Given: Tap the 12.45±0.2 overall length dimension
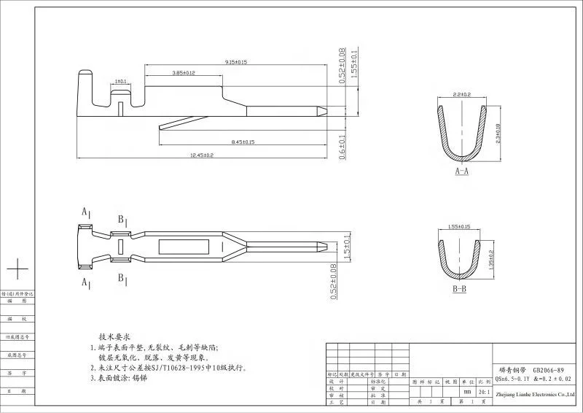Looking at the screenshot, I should (201, 155).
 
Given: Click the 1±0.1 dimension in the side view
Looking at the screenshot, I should (121, 81).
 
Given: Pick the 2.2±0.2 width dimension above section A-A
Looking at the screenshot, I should (462, 95).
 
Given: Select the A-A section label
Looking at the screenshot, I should (461, 171).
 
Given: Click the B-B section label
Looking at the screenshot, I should (460, 290).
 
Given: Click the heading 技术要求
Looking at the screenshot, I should (114, 337).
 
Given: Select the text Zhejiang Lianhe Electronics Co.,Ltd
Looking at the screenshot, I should (535, 393).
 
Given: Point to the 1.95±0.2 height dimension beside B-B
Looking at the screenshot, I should (491, 258).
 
